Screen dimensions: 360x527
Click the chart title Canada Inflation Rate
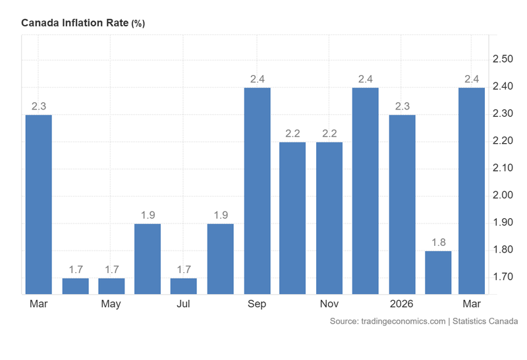click(x=75, y=23)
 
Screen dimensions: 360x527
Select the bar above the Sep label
click(x=257, y=191)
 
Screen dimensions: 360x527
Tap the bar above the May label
click(x=111, y=285)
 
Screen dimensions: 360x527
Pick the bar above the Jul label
click(x=184, y=285)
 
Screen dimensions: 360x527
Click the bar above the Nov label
click(x=329, y=218)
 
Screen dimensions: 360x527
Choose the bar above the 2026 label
click(x=402, y=204)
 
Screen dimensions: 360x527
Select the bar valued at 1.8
click(x=438, y=272)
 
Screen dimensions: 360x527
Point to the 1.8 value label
click(x=438, y=242)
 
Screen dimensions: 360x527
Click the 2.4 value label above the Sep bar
click(x=257, y=79)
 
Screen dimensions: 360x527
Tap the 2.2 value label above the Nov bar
click(x=329, y=133)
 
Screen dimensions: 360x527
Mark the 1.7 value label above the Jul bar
click(x=184, y=269)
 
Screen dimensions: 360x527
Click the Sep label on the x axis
click(x=257, y=304)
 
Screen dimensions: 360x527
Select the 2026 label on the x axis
click(x=402, y=304)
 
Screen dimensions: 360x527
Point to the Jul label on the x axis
click(x=184, y=304)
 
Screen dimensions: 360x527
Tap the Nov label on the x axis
click(x=329, y=304)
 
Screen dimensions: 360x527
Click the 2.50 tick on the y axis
click(x=503, y=59)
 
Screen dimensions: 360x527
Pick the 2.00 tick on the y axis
click(x=503, y=195)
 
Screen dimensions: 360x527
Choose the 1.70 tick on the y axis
click(x=503, y=277)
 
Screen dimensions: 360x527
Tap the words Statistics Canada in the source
click(x=485, y=321)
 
